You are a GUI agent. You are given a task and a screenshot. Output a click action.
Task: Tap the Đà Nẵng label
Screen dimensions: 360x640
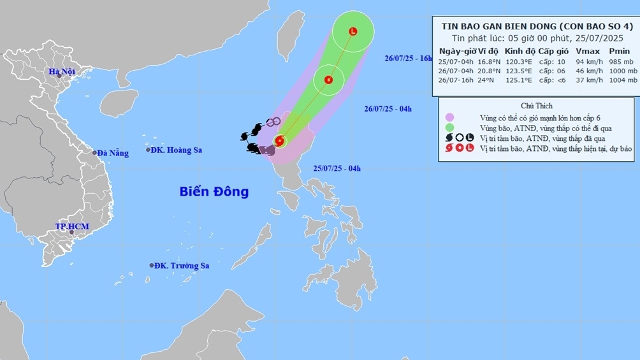(113, 153)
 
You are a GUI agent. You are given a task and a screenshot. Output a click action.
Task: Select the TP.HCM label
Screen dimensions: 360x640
(71, 226)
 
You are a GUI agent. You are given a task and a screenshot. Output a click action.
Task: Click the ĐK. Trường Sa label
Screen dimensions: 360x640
(183, 266)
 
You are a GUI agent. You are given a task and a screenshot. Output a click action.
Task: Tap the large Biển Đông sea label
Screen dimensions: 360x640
(214, 191)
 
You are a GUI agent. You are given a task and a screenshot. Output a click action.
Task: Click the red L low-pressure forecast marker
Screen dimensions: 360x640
(353, 31)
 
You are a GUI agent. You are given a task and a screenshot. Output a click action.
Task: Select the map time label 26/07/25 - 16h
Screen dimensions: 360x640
(409, 58)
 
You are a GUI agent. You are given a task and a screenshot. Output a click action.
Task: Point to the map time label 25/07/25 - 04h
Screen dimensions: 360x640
(337, 168)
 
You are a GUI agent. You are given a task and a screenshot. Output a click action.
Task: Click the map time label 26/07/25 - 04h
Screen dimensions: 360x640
(388, 109)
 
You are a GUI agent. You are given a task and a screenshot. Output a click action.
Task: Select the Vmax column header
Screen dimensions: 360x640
(585, 51)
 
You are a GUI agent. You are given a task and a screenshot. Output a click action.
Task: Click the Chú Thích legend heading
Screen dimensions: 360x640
(536, 106)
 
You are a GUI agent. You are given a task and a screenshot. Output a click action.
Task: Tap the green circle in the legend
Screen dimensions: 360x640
(451, 127)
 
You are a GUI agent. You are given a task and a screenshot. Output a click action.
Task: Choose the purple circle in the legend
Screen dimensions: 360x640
(451, 117)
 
